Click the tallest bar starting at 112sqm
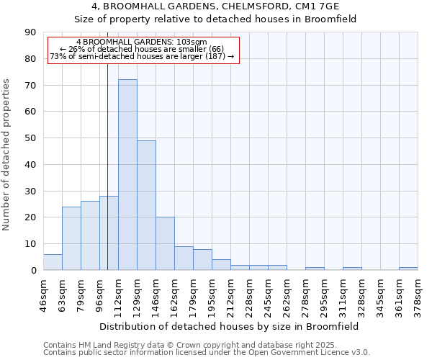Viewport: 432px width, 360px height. [127, 175]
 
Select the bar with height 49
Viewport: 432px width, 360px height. [146, 205]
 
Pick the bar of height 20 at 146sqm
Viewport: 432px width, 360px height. [165, 243]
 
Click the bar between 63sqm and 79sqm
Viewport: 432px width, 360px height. [71, 238]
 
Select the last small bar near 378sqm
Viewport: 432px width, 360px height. [408, 269]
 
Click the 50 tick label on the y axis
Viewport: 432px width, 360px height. [29, 138]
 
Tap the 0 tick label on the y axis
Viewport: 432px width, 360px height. [32, 271]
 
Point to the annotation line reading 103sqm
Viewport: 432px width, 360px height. [141, 42]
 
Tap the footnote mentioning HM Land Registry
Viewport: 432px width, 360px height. [204, 345]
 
